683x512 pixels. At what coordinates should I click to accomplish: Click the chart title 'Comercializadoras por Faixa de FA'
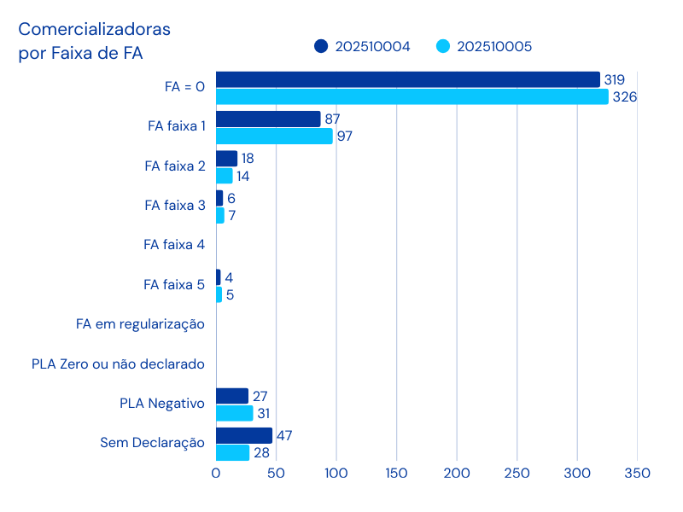[x=95, y=41]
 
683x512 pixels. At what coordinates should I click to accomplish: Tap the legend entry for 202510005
[x=484, y=46]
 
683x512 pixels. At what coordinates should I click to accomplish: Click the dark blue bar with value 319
[x=408, y=79]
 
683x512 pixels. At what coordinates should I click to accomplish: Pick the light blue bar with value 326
[x=412, y=96]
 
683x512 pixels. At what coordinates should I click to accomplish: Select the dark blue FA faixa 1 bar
[x=268, y=119]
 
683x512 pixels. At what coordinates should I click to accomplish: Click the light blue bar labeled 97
[x=274, y=136]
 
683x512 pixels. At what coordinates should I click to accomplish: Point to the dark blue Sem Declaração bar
[x=244, y=435]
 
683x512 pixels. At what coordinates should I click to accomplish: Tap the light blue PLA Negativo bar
[x=235, y=413]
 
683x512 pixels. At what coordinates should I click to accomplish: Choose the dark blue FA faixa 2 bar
[x=227, y=159]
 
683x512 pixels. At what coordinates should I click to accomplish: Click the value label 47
[x=285, y=435]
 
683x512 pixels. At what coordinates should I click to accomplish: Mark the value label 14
[x=243, y=176]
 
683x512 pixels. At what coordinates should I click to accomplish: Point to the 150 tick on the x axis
[x=396, y=473]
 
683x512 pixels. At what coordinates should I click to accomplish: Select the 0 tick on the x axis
[x=216, y=473]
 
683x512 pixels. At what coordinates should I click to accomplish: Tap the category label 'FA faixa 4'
[x=174, y=245]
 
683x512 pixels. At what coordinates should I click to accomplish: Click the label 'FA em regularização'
[x=140, y=324]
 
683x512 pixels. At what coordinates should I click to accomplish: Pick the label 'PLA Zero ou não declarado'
[x=118, y=364]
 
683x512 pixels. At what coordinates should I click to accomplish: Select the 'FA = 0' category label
[x=184, y=86]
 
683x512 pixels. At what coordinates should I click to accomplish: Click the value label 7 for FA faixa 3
[x=231, y=215]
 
